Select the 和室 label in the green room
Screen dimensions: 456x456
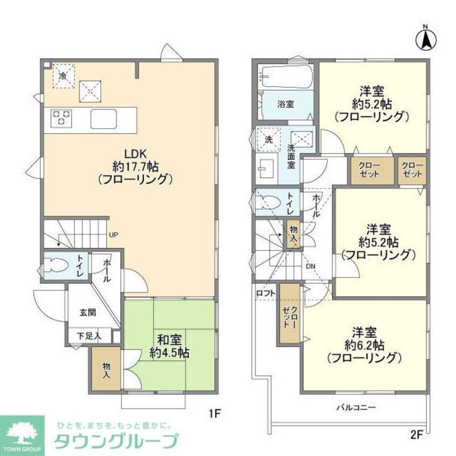pos(170,339)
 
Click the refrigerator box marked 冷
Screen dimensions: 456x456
pos(63,76)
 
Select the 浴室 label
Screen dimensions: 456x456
pos(286,104)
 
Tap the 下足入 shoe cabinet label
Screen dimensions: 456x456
pos(88,337)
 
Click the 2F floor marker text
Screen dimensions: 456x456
pos(417,435)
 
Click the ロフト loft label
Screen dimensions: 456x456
pos(265,294)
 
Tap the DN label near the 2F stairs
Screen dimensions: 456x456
pos(310,266)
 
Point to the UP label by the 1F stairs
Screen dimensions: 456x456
pos(114,235)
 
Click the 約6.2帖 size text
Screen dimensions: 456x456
pos(365,344)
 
